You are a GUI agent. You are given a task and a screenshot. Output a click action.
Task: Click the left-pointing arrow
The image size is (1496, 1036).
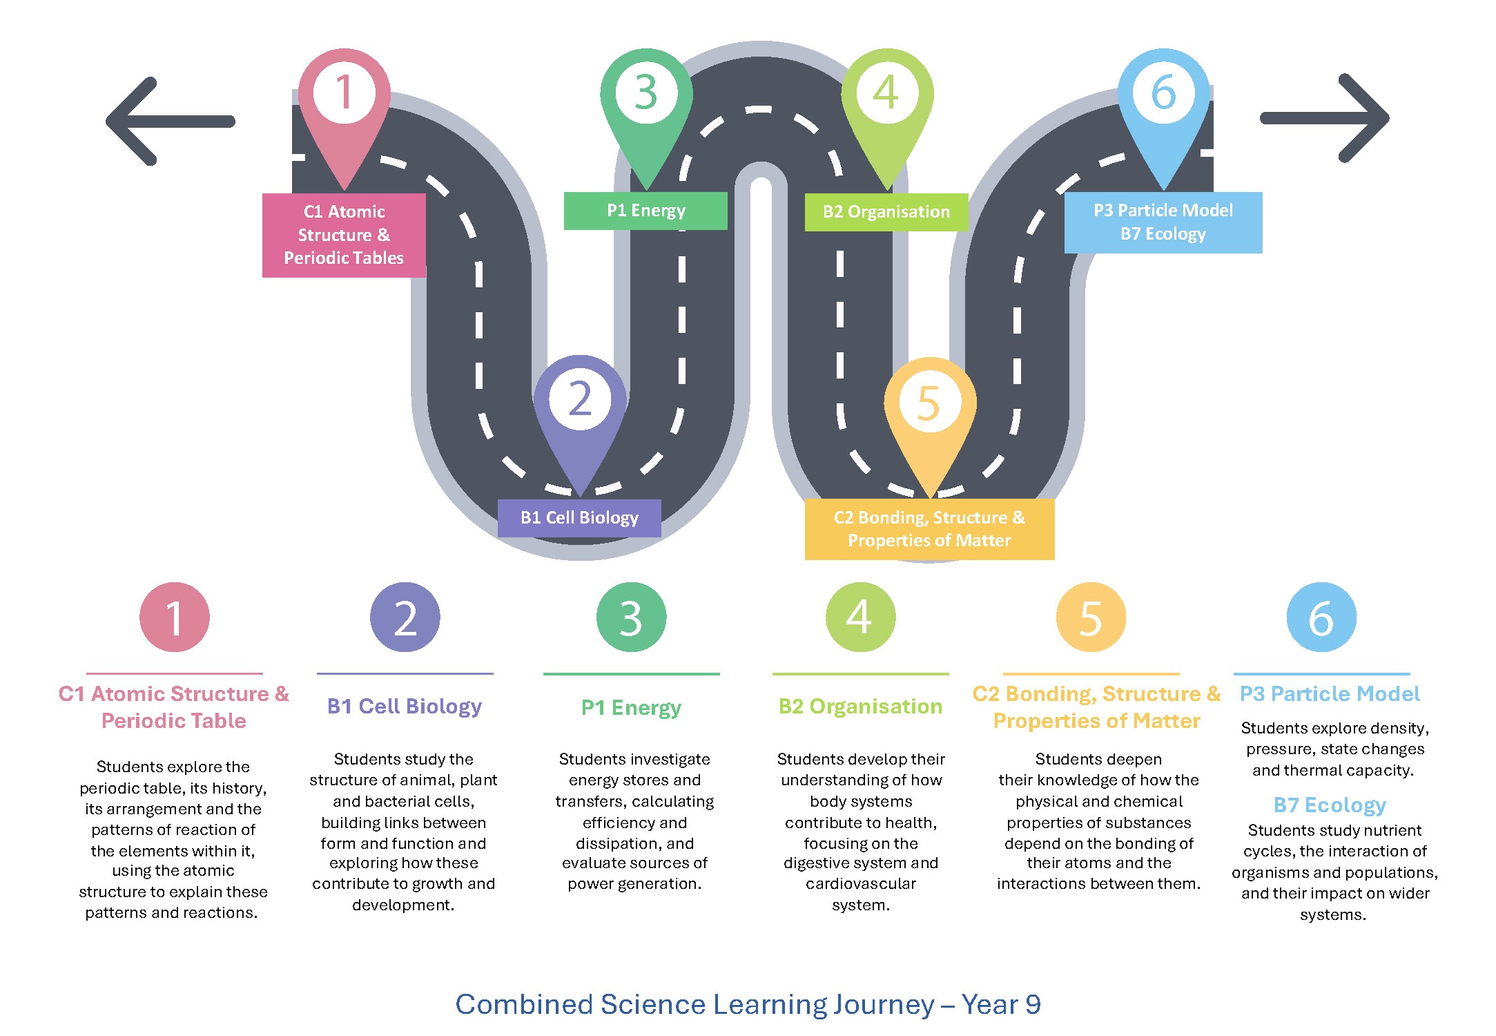169,121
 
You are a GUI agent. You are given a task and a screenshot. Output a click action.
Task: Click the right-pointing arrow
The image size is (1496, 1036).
1325,118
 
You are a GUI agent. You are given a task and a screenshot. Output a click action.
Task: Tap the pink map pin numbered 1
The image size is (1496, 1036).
344,104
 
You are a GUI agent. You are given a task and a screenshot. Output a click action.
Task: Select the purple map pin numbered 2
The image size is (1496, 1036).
580,411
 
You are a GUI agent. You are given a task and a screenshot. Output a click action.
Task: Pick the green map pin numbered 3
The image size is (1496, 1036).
646,104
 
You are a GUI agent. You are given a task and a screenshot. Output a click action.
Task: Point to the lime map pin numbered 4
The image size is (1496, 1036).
887,104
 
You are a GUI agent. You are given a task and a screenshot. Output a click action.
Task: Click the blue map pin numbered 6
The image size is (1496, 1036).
1163,104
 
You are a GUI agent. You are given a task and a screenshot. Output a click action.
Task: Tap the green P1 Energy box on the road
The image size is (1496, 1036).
645,211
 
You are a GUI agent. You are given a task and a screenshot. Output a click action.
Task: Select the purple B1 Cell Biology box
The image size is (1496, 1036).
579,518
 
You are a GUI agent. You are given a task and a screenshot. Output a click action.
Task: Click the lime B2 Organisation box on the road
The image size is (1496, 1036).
886,212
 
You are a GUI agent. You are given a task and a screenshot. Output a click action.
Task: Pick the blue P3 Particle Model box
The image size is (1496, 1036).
1163,222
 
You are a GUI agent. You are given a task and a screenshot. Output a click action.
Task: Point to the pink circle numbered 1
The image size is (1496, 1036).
175,617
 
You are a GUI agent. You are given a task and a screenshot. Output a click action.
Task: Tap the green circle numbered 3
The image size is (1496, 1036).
631,617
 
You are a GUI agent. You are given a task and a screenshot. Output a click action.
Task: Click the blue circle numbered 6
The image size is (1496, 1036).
1321,617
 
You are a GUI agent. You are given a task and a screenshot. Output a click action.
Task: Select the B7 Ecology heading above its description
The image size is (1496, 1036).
1330,805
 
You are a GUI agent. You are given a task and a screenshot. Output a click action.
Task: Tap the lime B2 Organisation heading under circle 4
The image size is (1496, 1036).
860,707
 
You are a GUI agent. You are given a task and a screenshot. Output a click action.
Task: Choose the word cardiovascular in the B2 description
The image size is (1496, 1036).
861,884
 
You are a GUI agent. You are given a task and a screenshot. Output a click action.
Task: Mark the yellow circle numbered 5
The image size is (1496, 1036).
1091,617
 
